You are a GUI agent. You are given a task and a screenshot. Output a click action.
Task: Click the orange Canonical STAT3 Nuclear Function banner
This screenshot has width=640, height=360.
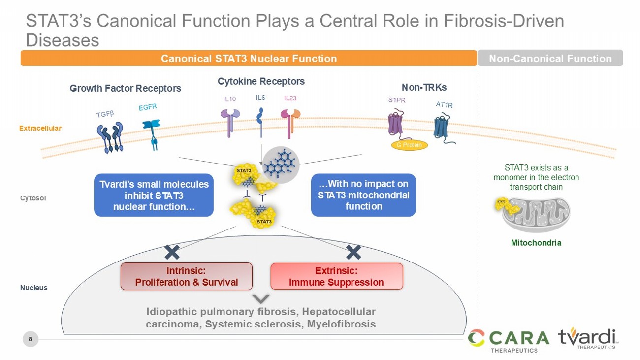point(249,58)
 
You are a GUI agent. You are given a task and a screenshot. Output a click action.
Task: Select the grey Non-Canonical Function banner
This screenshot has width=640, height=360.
point(550,58)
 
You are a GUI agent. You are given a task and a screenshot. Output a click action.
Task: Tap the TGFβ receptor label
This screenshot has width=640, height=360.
point(105,114)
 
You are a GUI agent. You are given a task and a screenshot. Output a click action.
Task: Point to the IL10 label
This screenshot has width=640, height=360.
point(229,99)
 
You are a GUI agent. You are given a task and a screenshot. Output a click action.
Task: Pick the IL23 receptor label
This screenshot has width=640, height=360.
point(290,98)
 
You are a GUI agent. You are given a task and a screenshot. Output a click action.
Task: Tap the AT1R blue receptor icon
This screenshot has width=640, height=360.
point(444,128)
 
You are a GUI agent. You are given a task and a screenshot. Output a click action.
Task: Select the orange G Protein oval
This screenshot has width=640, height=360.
point(410,145)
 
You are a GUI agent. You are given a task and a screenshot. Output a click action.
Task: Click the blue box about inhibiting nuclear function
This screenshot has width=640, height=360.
point(154,195)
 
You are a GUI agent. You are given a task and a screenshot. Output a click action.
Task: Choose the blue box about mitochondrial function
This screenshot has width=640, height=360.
point(363,195)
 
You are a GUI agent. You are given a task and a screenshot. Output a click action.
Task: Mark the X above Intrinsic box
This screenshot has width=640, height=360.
point(172,253)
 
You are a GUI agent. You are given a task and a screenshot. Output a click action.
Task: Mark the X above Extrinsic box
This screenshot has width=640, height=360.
point(354,253)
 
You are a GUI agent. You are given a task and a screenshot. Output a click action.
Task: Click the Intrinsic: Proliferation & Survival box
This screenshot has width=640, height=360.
point(187,276)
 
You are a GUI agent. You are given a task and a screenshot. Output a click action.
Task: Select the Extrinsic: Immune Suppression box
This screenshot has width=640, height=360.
point(337,276)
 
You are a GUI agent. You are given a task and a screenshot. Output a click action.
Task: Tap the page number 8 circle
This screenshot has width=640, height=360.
point(31,339)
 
